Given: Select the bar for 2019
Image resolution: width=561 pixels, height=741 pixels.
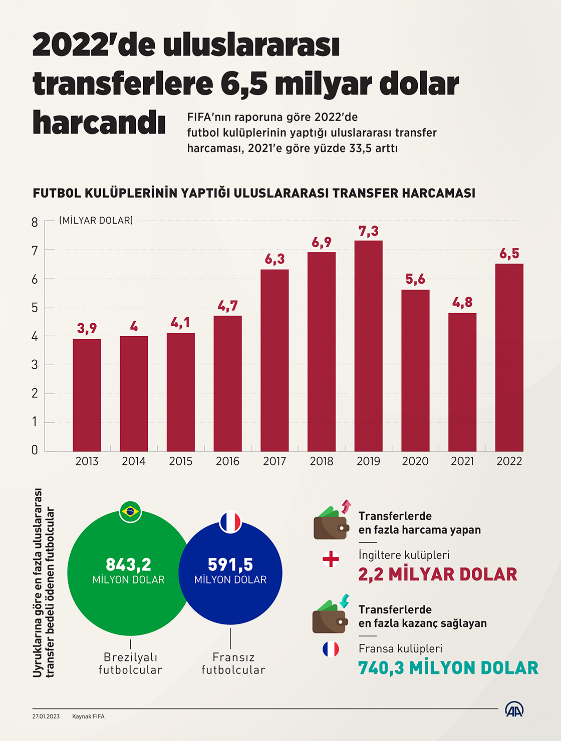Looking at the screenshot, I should pos(368,346).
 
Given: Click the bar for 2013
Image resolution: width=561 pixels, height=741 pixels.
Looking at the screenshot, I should pos(87,395).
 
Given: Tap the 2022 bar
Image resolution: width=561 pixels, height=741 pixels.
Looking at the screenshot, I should pos(509,357).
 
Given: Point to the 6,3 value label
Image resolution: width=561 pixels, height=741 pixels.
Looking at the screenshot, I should pos(274,259).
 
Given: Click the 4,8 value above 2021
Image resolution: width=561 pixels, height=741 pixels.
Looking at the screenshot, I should pos(462,302).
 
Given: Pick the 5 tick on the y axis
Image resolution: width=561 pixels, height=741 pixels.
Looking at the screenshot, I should pos(35,308).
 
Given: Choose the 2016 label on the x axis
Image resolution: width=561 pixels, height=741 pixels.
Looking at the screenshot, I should pos(227,461).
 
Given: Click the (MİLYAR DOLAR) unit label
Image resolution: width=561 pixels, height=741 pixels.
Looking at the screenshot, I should pos(96,221).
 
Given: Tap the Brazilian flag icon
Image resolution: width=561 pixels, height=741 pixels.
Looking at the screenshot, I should pos(130,511).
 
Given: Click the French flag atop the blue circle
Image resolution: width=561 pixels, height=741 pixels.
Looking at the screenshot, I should pos(230,522).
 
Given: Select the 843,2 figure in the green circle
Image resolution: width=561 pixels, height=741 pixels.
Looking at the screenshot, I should pos(128,565).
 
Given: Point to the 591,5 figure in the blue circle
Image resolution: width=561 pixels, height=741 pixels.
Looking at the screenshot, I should pos(230,565).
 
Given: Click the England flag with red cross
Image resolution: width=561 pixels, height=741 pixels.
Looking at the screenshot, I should pos(331,559).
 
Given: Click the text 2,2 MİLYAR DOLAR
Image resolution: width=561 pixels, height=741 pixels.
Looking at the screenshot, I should pos(437,574).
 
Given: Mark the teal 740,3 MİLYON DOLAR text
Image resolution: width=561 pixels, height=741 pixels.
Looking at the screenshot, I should pos(448,668).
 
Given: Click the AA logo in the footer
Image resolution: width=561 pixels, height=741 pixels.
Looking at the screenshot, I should pos(514,709).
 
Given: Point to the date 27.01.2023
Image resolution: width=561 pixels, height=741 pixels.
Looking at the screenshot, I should pos(46,716).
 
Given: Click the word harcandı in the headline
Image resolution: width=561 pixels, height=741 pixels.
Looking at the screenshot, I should pos(99,123).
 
